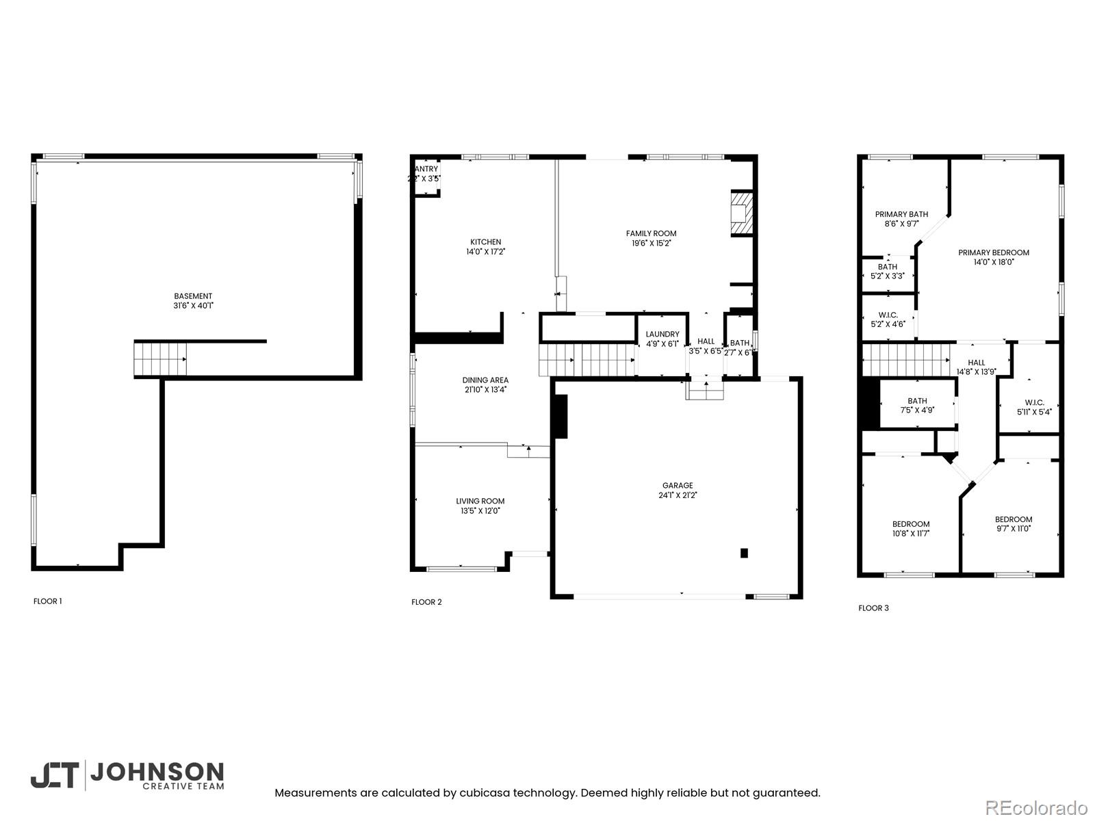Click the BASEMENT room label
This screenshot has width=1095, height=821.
coord(193,296)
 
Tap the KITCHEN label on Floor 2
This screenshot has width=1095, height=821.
coord(485,242)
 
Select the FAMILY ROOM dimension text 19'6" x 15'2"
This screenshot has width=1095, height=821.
coord(651,243)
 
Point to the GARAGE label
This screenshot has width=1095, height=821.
coord(677,486)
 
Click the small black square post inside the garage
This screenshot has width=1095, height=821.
coord(744,553)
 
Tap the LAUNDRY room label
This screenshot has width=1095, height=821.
coord(662,335)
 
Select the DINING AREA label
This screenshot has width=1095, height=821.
coord(485,380)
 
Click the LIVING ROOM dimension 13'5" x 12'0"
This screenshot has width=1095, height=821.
coord(480,510)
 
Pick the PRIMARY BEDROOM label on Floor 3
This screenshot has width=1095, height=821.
coord(993,252)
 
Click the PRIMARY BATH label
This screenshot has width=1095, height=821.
coord(901,214)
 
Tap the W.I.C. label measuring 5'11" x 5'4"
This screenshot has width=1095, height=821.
coord(1034,412)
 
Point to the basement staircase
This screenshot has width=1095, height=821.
coord(159,359)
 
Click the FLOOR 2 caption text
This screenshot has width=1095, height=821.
coord(426,602)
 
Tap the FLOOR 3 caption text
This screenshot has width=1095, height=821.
coord(873,608)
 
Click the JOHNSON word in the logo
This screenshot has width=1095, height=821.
coord(157,773)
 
